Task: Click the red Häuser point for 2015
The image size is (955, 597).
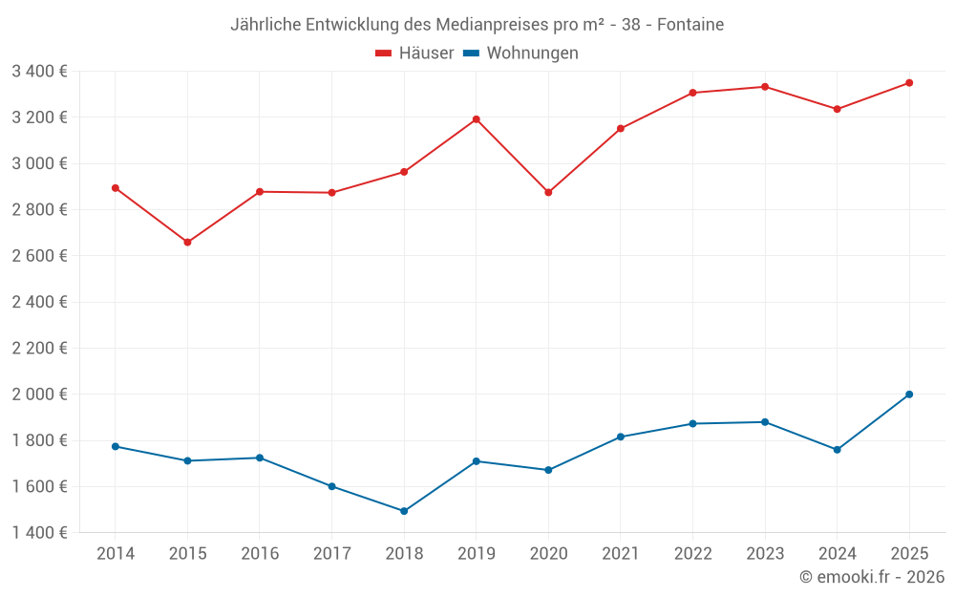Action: [x=187, y=243]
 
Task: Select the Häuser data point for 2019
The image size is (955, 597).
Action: [x=476, y=119]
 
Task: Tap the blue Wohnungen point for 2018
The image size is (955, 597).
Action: [x=404, y=511]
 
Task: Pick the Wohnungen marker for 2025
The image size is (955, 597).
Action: [x=909, y=394]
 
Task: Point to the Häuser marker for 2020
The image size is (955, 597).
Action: [x=548, y=193]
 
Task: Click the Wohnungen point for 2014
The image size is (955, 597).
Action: [x=115, y=446]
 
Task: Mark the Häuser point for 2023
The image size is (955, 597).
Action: [x=765, y=87]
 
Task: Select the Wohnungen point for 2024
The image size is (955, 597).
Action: [x=837, y=450]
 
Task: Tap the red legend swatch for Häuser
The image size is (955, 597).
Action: [x=384, y=53]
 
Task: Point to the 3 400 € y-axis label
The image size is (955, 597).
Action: [x=39, y=71]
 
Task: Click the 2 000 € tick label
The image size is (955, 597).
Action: [x=39, y=394]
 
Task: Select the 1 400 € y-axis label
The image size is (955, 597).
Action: [x=39, y=533]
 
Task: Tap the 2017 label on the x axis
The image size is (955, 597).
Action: [x=331, y=554]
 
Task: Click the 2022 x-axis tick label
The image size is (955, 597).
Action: [x=692, y=554]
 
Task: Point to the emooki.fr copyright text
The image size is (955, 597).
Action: [x=872, y=577]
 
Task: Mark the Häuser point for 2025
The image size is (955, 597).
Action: [x=909, y=83]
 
